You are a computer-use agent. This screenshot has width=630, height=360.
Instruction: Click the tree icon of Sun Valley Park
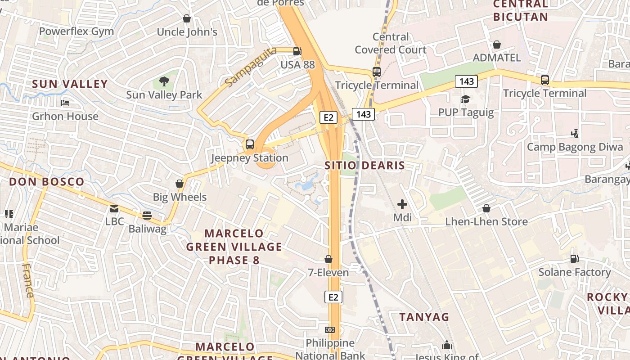164,81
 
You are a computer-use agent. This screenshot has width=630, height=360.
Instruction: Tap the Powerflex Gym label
76,31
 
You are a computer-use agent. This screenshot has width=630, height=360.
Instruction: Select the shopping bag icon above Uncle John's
187,18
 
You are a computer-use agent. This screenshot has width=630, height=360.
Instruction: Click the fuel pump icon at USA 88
297,51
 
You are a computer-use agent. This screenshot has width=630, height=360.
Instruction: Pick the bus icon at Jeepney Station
250,144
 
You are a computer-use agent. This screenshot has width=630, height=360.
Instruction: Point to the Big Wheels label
180,197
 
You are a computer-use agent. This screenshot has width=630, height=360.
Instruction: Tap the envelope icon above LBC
114,208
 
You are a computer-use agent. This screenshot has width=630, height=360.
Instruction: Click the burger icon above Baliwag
147,215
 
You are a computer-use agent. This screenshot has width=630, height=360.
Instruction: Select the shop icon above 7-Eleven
328,259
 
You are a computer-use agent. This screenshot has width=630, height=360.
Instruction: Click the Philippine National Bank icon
330,330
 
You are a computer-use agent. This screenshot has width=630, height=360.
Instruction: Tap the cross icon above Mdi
402,204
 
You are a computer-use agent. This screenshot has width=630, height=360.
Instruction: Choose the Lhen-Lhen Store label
486,222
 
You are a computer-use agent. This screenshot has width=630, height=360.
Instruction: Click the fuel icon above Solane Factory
575,259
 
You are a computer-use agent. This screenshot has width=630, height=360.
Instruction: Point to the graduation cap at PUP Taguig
466,99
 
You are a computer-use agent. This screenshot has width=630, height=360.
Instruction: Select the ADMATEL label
497,58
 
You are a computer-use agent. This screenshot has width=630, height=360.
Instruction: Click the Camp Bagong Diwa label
575,147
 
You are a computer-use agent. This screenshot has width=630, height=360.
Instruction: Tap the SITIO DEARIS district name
364,166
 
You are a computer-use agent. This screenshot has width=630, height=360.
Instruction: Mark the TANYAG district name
424,317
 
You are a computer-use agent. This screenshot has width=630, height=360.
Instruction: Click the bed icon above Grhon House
65,103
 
